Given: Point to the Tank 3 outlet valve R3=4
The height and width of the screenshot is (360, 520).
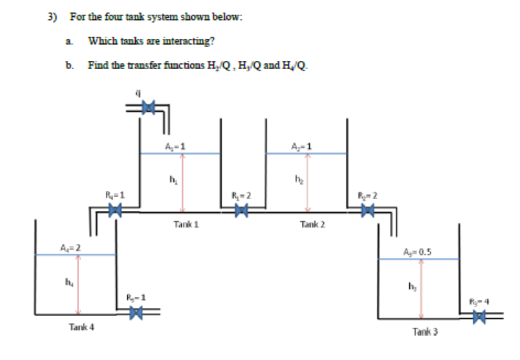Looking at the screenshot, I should tap(479, 317).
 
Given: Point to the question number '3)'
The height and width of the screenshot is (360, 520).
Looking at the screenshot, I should tap(51, 16).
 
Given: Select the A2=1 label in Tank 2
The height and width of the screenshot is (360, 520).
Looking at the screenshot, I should tap(303, 144).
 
